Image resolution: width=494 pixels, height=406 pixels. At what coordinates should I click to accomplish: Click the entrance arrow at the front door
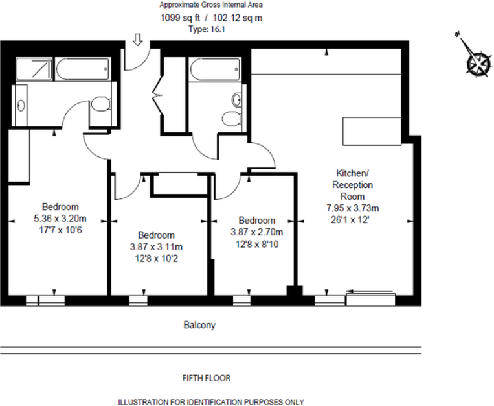pos(137,40)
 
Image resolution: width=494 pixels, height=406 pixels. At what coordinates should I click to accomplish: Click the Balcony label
pos(199,325)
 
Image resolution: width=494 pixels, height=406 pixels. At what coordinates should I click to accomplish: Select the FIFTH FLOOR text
pos(207,377)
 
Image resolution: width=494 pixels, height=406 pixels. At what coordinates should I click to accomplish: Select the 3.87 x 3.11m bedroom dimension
pos(156,246)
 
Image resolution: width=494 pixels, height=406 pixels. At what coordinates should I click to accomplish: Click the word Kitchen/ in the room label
pos(353,173)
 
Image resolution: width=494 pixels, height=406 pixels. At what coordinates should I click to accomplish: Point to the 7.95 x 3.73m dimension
pos(353,208)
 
